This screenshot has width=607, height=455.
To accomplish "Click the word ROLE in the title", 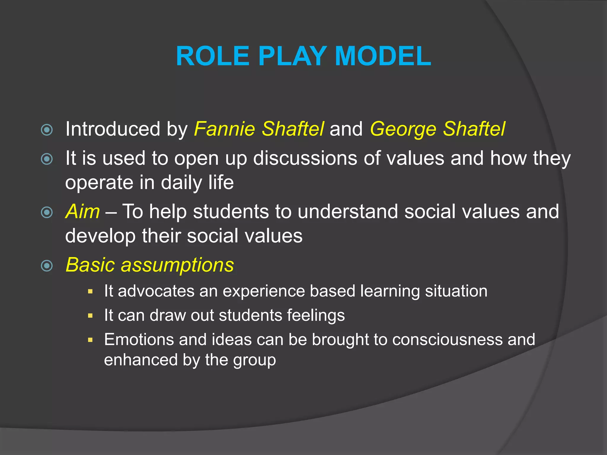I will tap(213, 56).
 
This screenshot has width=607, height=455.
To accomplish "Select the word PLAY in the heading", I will tap(292, 56).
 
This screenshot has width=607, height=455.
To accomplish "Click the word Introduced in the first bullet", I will tap(113, 129).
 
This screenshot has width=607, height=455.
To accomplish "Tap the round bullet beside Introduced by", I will tap(47, 130).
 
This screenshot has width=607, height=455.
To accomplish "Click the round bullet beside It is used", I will tap(47, 159).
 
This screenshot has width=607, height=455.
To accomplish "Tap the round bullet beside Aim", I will tap(47, 212).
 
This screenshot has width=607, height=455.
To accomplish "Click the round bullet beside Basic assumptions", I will tap(47, 266).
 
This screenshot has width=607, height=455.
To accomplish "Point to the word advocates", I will tap(156, 291).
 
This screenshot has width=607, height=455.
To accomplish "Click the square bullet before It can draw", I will tap(90, 316).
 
